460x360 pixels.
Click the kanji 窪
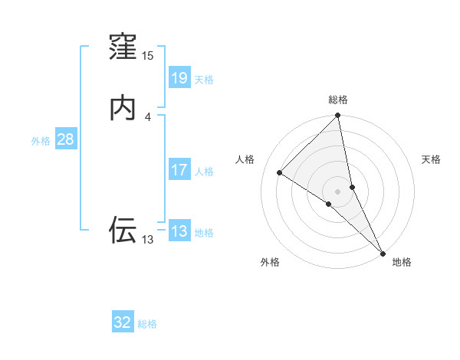pyautogui.click(x=123, y=50)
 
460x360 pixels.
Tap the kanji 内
pyautogui.click(x=123, y=108)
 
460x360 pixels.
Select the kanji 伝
pyautogui.click(x=123, y=229)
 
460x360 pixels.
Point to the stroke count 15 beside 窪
pyautogui.click(x=148, y=56)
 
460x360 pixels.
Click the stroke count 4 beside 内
pyautogui.click(x=148, y=116)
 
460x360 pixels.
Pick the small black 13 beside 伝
pyautogui.click(x=148, y=240)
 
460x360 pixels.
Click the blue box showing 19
pyautogui.click(x=179, y=77)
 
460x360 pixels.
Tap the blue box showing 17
pyautogui.click(x=179, y=169)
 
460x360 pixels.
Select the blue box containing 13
pyautogui.click(x=179, y=231)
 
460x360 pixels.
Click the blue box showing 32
pyautogui.click(x=123, y=322)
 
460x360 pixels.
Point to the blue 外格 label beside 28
pyautogui.click(x=41, y=141)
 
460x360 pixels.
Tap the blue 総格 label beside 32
pyautogui.click(x=148, y=325)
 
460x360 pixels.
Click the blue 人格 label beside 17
pyautogui.click(x=204, y=172)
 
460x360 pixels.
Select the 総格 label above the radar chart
pyautogui.click(x=338, y=100)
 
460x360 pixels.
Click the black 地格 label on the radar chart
pyautogui.click(x=402, y=262)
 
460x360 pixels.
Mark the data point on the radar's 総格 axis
pyautogui.click(x=338, y=116)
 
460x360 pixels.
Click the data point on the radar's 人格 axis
pyautogui.click(x=280, y=172)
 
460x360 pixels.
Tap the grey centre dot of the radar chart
pyautogui.click(x=338, y=191)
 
